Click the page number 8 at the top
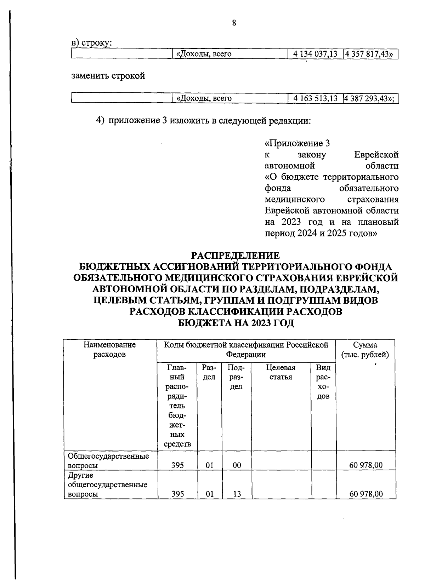[234, 23]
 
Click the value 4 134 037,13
[315, 54]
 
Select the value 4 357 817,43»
[370, 54]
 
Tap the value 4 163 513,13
[315, 98]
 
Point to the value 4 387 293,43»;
[370, 98]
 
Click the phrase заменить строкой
[108, 76]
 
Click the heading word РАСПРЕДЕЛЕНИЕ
[236, 256]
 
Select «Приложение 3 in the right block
[297, 143]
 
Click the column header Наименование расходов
[109, 349]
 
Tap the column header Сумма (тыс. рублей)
[365, 350]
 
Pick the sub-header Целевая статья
[281, 372]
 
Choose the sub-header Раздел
[209, 372]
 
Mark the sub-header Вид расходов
[323, 382]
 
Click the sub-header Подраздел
[236, 377]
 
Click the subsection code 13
[237, 494]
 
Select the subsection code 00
[237, 465]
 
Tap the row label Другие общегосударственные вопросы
[107, 484]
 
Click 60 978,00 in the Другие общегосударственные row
[366, 494]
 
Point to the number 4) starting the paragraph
[101, 121]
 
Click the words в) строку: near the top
[92, 43]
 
